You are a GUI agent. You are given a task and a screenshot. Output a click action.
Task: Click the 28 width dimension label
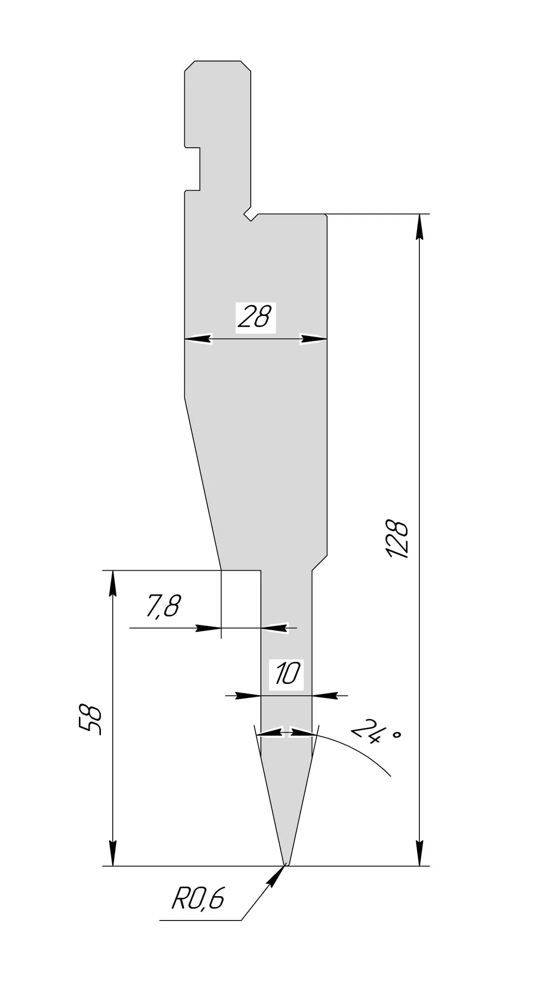coord(255,318)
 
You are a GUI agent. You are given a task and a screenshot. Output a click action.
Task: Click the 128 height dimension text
coord(397,539)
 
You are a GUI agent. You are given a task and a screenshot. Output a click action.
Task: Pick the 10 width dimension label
coord(287,675)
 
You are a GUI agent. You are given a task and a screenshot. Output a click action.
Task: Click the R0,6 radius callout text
coord(198,899)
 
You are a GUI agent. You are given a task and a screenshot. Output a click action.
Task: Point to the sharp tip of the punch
coord(286,864)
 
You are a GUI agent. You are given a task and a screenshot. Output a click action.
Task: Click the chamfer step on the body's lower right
coord(319,562)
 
